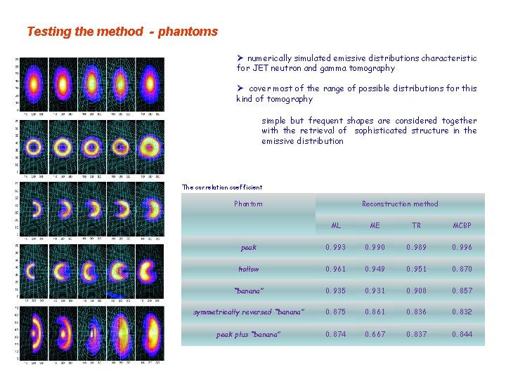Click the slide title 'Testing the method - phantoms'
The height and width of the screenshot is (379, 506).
click(x=122, y=32)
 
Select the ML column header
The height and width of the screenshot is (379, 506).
click(x=336, y=226)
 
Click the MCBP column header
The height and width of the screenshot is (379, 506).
click(x=462, y=226)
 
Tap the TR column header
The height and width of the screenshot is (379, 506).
click(x=416, y=226)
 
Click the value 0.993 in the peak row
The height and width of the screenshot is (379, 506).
click(x=335, y=248)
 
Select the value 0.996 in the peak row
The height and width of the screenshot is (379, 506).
click(x=462, y=248)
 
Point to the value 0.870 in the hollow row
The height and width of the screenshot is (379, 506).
click(x=462, y=270)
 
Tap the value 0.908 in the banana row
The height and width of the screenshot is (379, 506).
click(x=416, y=291)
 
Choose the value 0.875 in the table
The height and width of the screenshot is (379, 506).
click(x=335, y=312)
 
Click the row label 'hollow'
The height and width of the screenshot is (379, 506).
click(x=248, y=270)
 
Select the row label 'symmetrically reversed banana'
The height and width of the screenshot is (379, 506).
click(x=248, y=312)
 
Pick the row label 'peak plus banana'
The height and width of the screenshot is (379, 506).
click(x=248, y=335)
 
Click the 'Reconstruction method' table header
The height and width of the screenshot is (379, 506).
click(x=399, y=204)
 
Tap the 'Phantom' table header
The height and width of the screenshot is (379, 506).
click(x=247, y=204)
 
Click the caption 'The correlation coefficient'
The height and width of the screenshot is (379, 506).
click(x=222, y=187)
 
